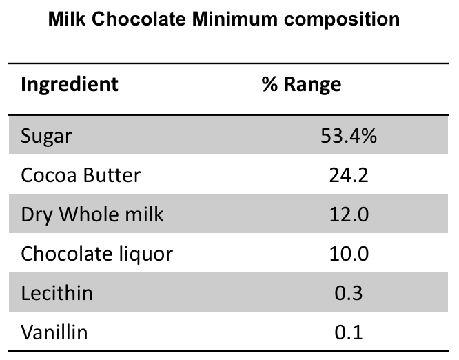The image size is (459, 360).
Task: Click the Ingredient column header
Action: coord(70,84)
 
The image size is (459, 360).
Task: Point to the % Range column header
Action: coord(301,84)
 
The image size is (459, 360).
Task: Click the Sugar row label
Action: coord(46,136)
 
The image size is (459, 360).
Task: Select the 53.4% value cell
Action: coord(349,136)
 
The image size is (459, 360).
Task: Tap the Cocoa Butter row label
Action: coord(81,175)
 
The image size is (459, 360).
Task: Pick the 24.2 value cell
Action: coord(349,175)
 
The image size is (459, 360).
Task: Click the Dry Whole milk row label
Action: coord(92,214)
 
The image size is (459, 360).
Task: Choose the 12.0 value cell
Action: coord(349,214)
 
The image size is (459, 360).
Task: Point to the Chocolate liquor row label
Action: coord(96,254)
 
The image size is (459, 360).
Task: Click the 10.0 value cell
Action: coord(349,254)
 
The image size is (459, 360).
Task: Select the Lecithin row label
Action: coord(57,293)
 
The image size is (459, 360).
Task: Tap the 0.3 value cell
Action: coord(349,293)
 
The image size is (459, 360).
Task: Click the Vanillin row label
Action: coord(54,332)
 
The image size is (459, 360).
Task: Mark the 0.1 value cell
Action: coord(349,332)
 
